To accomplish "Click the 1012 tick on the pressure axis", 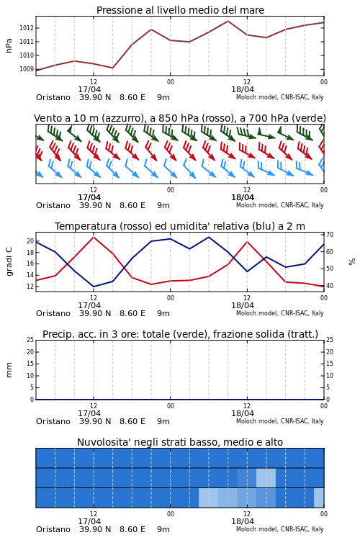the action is (x=26, y=28).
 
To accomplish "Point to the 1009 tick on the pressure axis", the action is (x=26, y=69).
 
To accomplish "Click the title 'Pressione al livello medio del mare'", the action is (x=180, y=10).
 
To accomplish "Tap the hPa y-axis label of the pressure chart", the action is (x=9, y=45).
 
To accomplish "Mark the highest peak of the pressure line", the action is (x=228, y=21).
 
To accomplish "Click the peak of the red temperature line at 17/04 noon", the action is (x=94, y=237).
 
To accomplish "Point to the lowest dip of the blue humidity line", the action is (x=94, y=287).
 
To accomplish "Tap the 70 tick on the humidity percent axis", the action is (x=330, y=235).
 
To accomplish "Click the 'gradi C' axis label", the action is (x=9, y=261).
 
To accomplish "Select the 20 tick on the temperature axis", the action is (x=30, y=241).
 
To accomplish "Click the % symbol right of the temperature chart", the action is (x=352, y=262).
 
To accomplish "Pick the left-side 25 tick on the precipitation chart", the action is (x=30, y=340).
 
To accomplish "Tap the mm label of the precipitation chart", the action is (x=9, y=370).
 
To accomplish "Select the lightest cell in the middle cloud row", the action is (x=266, y=477).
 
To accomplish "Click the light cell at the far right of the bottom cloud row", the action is (x=319, y=498).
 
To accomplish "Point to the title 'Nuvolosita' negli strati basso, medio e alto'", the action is (x=180, y=443).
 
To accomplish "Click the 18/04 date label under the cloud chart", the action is (x=243, y=521).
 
